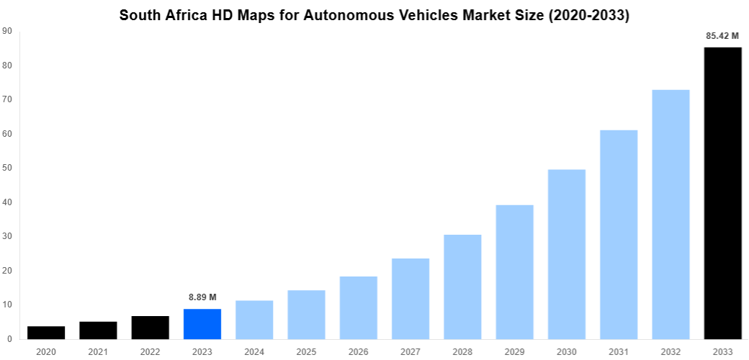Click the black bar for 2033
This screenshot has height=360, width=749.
tap(722, 193)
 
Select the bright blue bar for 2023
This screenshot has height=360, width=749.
tap(202, 324)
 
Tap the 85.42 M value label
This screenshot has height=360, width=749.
tap(722, 35)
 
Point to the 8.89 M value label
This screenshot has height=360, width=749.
tap(202, 297)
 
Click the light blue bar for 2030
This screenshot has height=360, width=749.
tap(567, 254)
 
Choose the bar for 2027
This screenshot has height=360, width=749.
tap(411, 299)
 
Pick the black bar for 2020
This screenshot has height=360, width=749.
tap(46, 333)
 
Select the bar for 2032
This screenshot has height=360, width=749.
tap(670, 215)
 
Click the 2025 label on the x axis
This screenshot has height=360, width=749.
tap(306, 351)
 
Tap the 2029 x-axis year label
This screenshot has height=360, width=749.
tap(514, 351)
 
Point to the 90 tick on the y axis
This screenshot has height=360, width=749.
tap(7, 31)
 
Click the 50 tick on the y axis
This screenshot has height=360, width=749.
tap(7, 168)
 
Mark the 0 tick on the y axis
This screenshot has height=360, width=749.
tap(9, 339)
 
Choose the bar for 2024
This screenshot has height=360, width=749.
tap(254, 320)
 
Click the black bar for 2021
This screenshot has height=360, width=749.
tap(98, 330)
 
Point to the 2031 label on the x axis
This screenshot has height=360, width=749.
tap(619, 351)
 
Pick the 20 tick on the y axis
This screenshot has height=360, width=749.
tap(7, 271)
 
